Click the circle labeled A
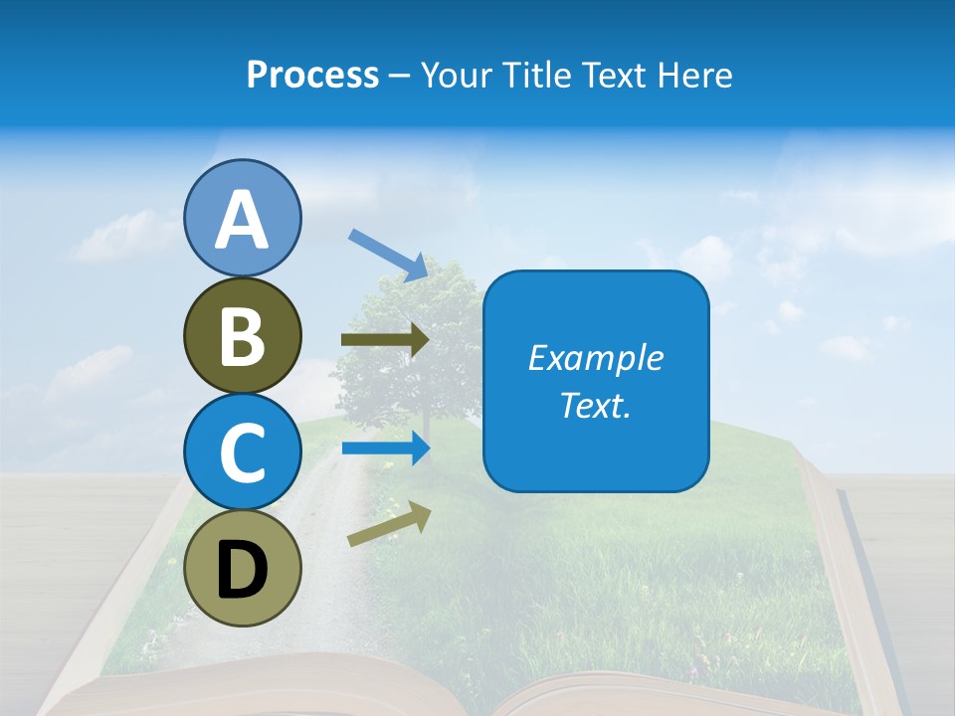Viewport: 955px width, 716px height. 242,218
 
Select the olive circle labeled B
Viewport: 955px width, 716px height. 242,335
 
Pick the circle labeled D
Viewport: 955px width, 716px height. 242,568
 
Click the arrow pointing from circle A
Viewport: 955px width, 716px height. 388,255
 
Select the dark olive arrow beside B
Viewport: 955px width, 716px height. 384,340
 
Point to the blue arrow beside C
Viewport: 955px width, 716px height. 384,447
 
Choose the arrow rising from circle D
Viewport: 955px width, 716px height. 389,525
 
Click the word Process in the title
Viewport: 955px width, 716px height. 312,76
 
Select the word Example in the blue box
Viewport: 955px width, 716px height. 595,358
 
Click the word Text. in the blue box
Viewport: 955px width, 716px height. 595,405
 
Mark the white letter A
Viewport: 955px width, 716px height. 242,220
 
